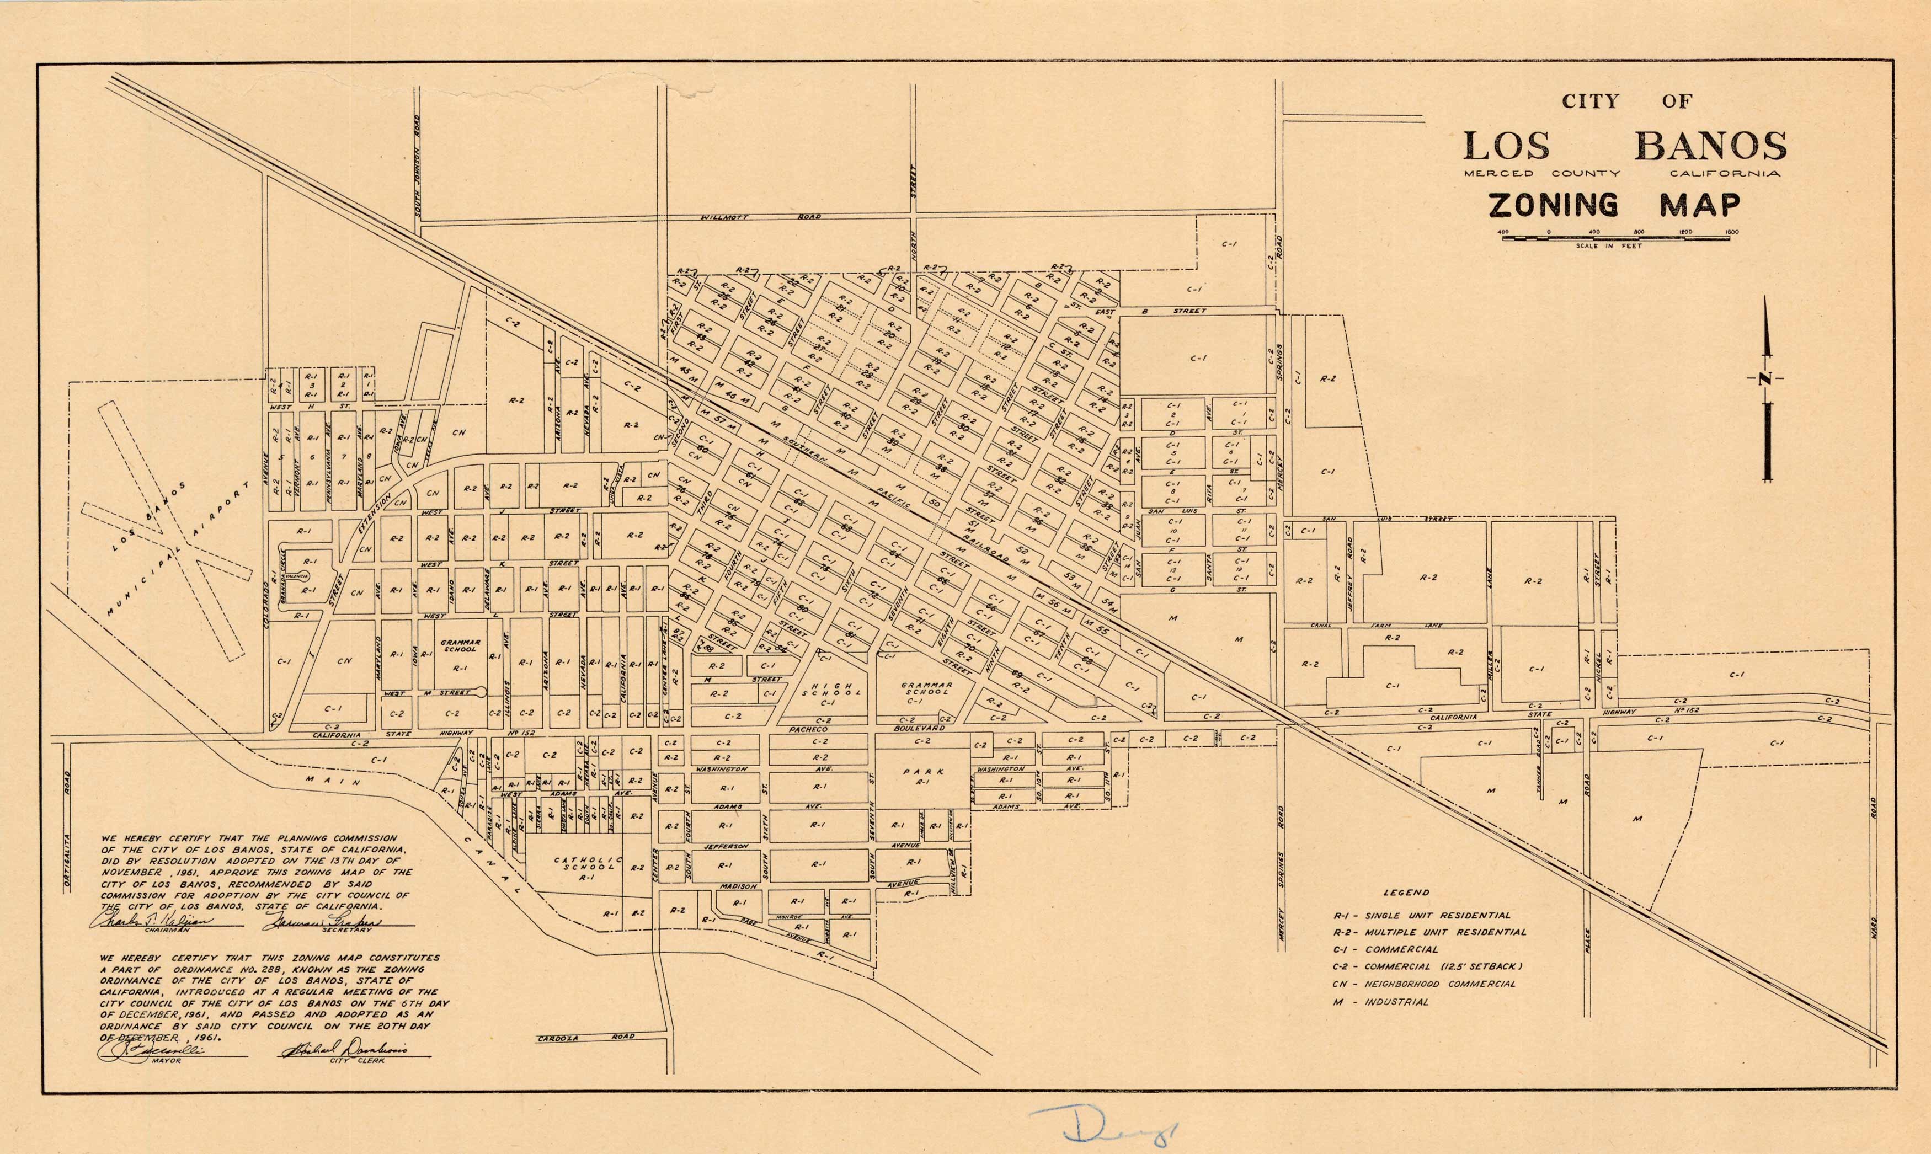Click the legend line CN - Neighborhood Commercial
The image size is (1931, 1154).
pos(1424,984)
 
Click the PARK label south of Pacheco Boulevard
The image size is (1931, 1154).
pos(923,772)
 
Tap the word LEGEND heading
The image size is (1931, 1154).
pos(1406,893)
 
